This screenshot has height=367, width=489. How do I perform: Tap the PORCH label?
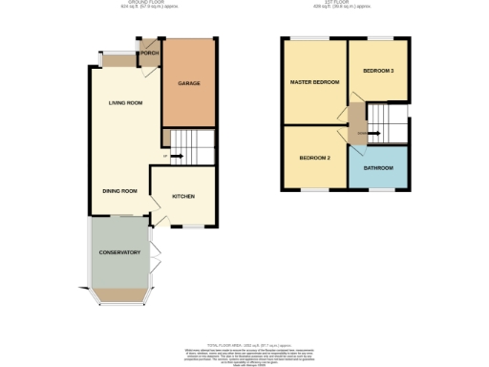(149, 53)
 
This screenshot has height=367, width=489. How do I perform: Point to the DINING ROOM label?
(120, 190)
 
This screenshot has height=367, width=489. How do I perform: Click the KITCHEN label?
(183, 196)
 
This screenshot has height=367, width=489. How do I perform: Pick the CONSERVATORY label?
(119, 252)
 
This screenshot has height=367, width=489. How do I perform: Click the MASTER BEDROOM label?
(314, 82)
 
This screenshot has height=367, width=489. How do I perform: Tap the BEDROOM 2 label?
(314, 157)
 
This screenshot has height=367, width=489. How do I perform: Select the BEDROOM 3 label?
(379, 71)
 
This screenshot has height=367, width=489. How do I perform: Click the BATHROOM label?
(378, 167)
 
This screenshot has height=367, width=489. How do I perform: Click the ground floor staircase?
(191, 149)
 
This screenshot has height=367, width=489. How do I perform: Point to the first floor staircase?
(388, 122)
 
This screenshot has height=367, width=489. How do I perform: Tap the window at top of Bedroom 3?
(379, 39)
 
